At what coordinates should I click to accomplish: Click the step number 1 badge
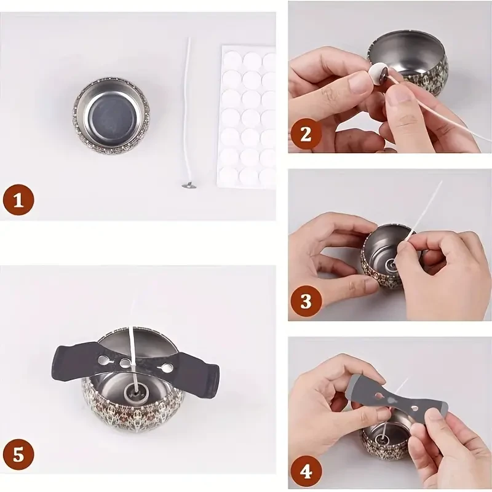tap(18, 201)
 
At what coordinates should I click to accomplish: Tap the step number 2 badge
tap(306, 133)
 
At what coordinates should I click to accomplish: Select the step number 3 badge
tap(306, 301)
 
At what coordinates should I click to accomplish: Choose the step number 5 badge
tap(18, 456)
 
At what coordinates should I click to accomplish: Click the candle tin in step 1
tap(111, 115)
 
